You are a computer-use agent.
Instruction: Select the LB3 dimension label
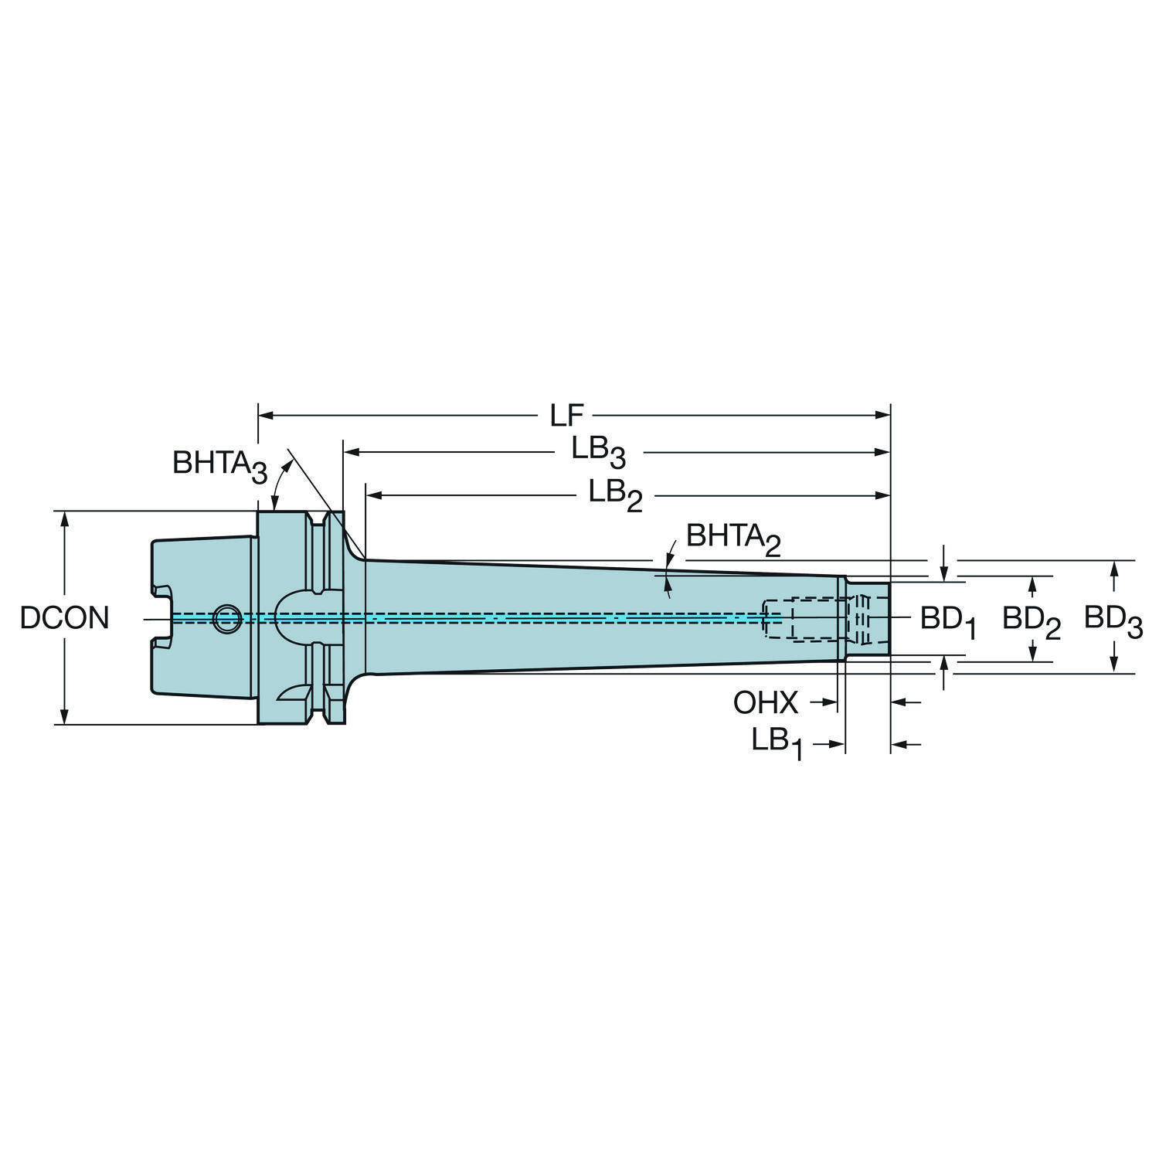point(598,452)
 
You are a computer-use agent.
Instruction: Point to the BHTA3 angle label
point(219,465)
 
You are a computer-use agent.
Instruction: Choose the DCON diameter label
point(65,617)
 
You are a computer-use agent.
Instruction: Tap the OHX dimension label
point(766,703)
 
